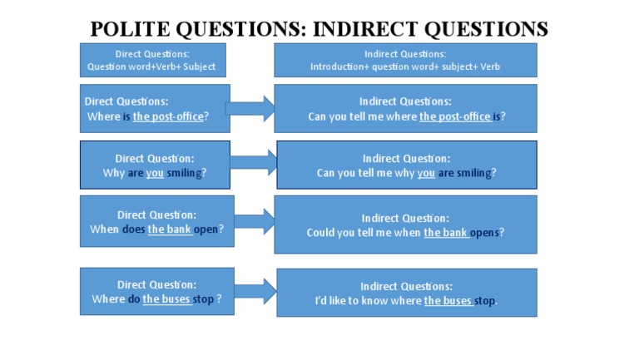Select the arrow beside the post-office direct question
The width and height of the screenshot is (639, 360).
tap(250, 108)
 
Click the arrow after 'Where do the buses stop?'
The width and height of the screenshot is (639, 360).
tap(254, 291)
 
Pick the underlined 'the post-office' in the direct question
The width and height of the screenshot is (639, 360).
tap(168, 116)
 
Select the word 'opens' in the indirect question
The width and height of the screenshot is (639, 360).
tap(484, 233)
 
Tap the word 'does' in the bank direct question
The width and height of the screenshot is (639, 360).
tap(133, 229)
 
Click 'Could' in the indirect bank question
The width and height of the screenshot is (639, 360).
tap(321, 233)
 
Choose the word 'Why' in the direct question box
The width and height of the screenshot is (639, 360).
tap(113, 173)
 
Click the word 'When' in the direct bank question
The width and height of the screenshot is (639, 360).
tap(104, 229)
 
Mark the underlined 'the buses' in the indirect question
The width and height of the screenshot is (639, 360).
tap(448, 301)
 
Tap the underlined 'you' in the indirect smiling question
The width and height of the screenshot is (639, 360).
tap(426, 173)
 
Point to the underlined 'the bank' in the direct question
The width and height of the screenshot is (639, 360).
tap(170, 229)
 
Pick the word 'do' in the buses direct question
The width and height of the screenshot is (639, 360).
tap(133, 299)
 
